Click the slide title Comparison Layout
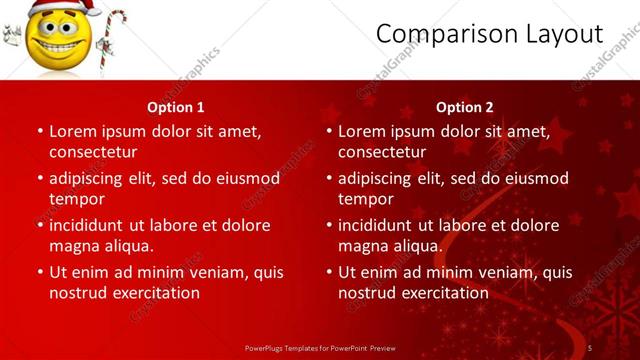click(489, 34)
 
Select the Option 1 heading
click(176, 107)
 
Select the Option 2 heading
click(465, 107)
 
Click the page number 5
click(590, 348)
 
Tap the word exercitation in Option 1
click(158, 293)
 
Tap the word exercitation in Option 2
click(447, 293)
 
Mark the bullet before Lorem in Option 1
click(40, 131)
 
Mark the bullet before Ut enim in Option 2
click(328, 272)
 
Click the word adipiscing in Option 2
click(378, 178)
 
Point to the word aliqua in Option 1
click(129, 246)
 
